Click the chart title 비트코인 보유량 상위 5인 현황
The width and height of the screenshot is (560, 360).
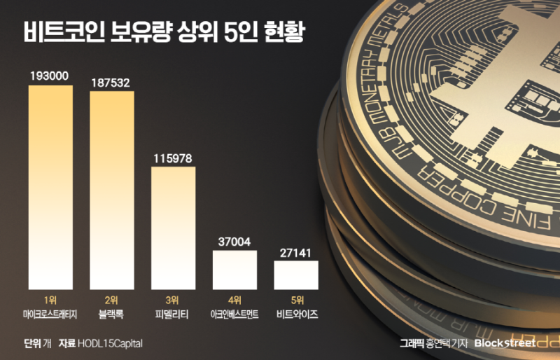coord(164,32)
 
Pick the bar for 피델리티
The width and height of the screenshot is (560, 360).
coord(174,228)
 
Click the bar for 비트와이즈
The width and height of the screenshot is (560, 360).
coord(296,275)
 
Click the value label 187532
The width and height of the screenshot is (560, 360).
coord(112,82)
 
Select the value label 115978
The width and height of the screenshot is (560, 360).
coord(174,158)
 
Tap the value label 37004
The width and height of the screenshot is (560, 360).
coord(235,240)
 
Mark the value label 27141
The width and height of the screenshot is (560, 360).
coord(296,251)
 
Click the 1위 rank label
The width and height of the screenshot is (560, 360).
coord(50,300)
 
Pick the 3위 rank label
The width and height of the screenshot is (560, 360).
coord(174,300)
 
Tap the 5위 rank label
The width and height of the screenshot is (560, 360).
coord(296,300)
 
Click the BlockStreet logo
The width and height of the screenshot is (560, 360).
coord(505,343)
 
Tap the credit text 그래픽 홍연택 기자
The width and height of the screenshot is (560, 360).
coord(433,343)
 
